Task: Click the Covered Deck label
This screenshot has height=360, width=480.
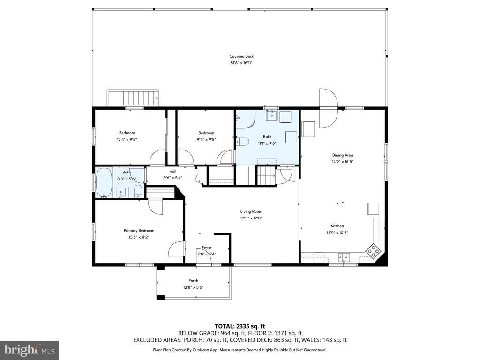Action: [x=241, y=56]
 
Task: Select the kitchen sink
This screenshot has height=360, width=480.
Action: [x=344, y=257]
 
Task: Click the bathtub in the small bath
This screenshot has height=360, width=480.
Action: [x=104, y=182]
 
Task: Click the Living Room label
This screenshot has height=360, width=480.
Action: [x=251, y=211]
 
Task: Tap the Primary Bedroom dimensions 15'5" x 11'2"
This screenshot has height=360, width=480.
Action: [x=139, y=237]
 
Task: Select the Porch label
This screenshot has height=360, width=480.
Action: [x=193, y=281]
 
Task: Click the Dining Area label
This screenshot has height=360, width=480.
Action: [x=343, y=155]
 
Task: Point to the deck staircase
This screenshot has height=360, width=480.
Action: [x=133, y=97]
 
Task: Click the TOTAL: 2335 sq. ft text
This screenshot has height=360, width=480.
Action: [x=240, y=326]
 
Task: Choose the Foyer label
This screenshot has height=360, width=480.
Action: [x=207, y=247]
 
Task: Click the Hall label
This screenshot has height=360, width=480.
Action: [x=172, y=171]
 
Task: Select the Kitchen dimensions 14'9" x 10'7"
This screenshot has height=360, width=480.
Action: [x=337, y=232]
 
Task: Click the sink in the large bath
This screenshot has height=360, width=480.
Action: [x=271, y=116]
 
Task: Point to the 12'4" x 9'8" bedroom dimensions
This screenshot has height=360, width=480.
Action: [x=127, y=139]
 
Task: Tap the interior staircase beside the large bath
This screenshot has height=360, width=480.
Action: [x=266, y=176]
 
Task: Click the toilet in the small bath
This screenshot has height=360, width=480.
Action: [x=138, y=191]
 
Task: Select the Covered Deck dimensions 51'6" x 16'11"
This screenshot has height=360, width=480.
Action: [x=241, y=63]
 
